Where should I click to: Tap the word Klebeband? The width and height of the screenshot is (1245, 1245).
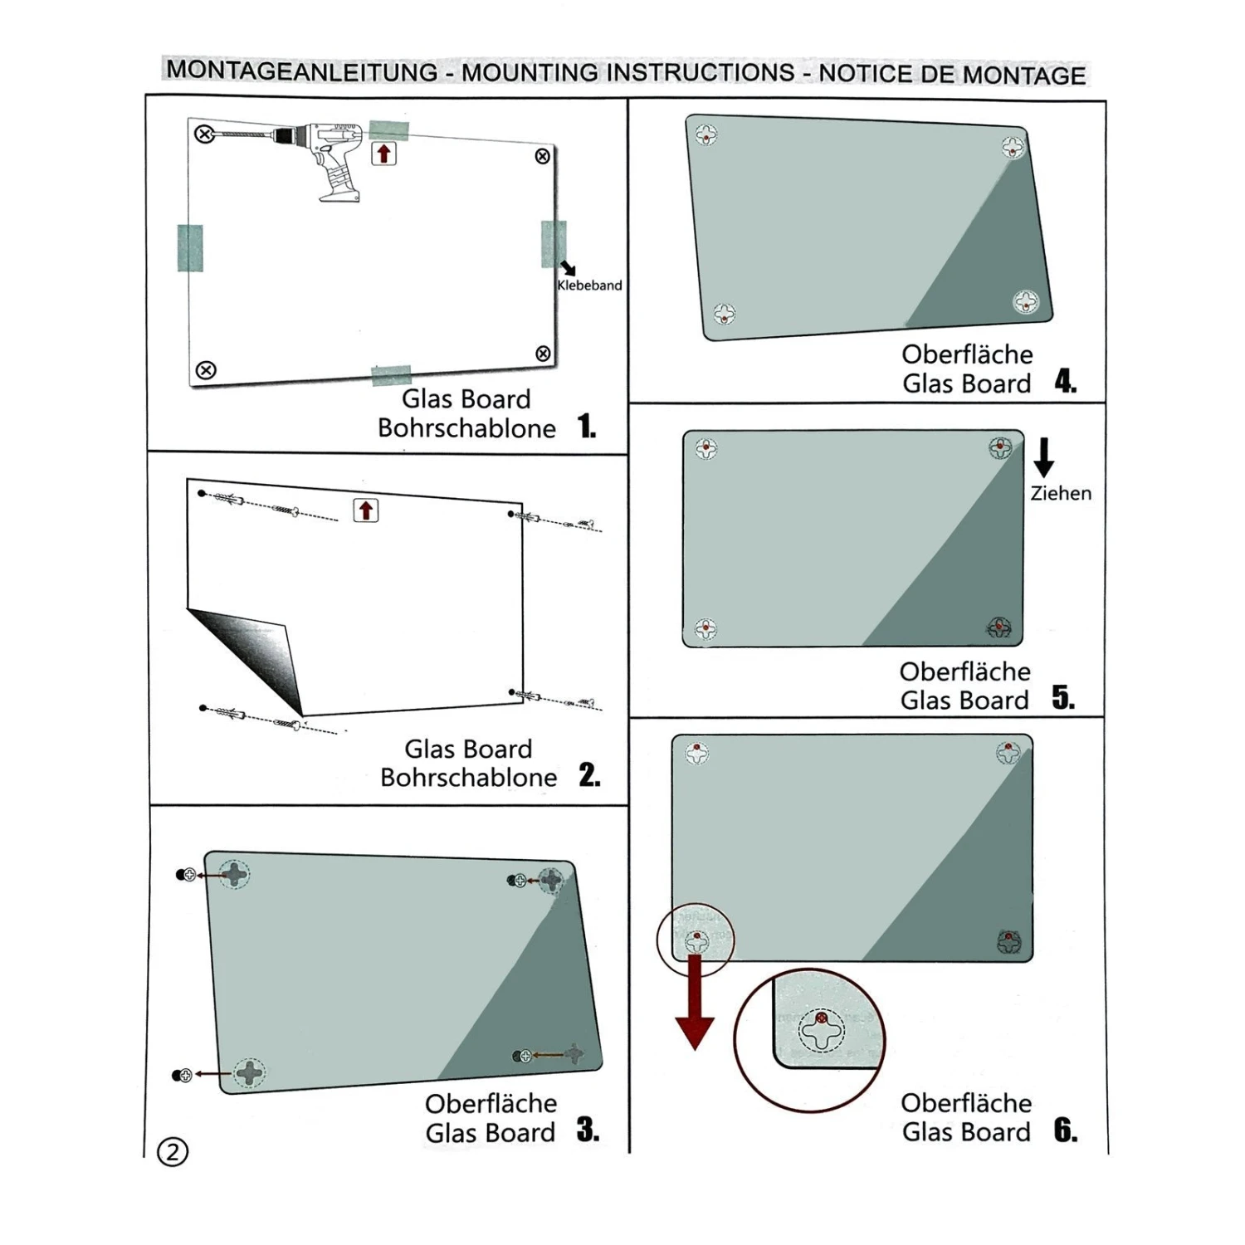click(589, 286)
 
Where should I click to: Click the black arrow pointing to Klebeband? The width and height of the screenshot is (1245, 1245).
click(569, 268)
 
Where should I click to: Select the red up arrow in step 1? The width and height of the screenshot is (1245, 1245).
click(383, 154)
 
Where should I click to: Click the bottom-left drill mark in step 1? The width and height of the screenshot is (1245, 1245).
click(206, 370)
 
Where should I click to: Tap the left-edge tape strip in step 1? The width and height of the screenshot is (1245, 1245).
click(190, 248)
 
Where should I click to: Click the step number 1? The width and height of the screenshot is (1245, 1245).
click(587, 427)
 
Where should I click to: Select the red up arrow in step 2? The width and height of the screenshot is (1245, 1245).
click(366, 510)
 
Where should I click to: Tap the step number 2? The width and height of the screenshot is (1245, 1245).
click(589, 775)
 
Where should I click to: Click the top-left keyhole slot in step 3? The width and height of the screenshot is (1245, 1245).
click(234, 874)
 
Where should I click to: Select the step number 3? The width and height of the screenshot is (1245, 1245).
click(588, 1130)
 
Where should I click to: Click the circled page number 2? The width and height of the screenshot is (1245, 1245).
click(173, 1152)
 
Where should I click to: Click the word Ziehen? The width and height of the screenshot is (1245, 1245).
click(1061, 494)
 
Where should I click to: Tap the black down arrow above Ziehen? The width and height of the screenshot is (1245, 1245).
click(1044, 456)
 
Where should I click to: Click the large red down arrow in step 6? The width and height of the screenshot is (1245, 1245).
click(695, 1004)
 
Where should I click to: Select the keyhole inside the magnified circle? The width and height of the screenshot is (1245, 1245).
click(821, 1032)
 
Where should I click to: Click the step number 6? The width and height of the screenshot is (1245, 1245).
click(1065, 1130)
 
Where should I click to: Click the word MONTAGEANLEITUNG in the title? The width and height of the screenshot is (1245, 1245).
click(302, 71)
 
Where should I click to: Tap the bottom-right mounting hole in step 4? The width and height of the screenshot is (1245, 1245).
click(1026, 301)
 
